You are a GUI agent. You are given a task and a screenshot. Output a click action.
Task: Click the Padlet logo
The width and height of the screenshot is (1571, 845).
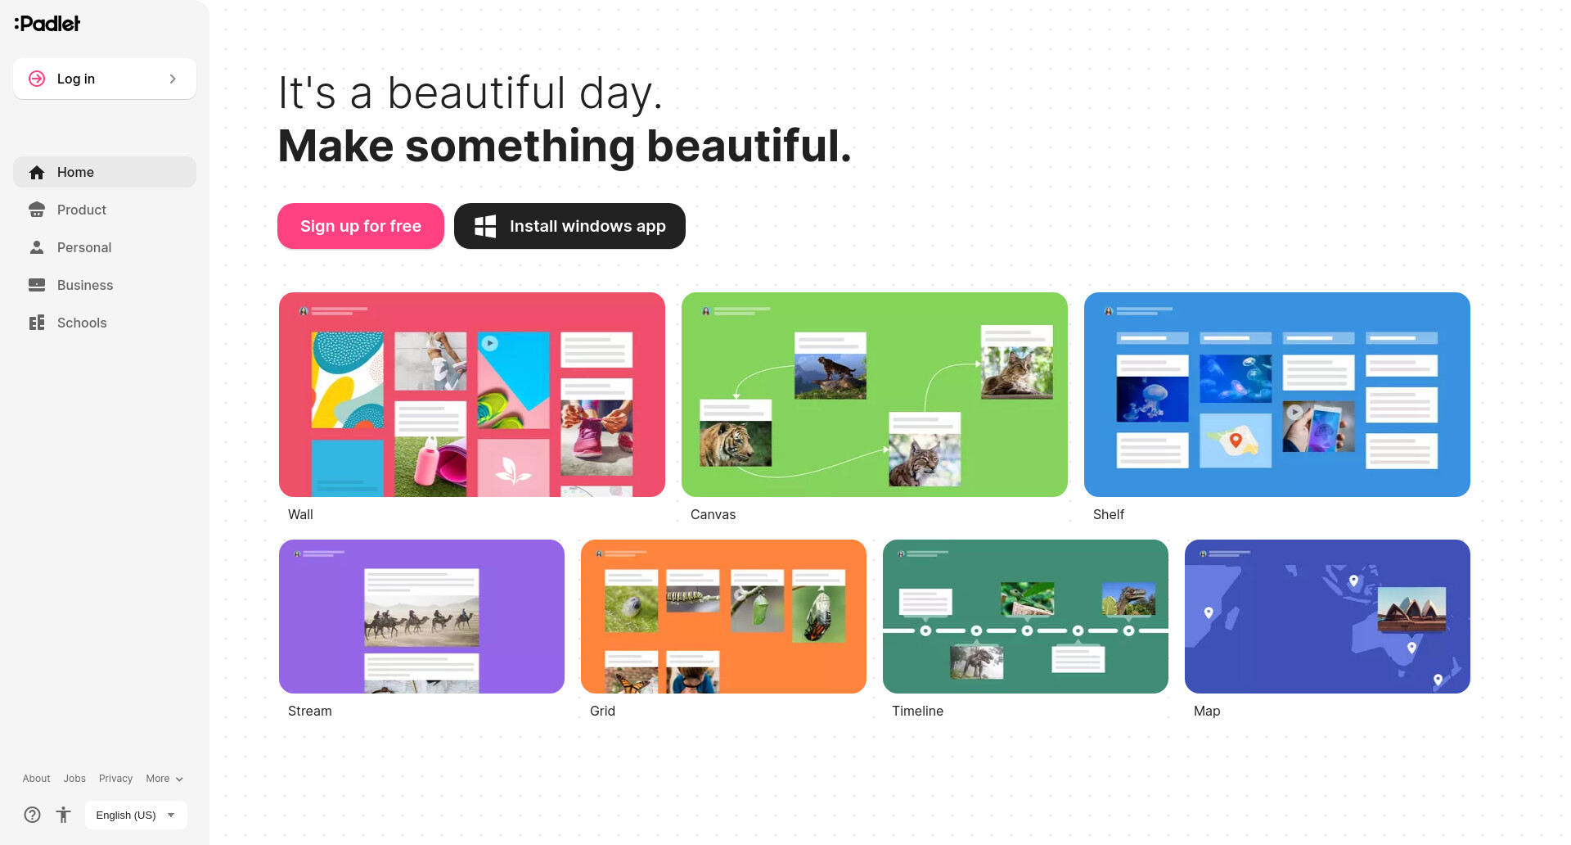click(x=47, y=24)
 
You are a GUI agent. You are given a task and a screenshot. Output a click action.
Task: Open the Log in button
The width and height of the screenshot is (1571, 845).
click(x=105, y=79)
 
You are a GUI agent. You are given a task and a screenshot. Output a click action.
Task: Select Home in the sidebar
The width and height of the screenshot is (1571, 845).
click(x=105, y=172)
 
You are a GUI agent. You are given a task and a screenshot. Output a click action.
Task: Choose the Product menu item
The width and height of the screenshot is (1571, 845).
click(x=105, y=210)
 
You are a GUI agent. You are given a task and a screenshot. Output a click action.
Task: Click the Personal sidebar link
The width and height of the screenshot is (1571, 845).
click(x=105, y=247)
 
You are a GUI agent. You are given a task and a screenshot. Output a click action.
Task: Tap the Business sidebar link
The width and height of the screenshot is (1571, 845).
click(x=105, y=285)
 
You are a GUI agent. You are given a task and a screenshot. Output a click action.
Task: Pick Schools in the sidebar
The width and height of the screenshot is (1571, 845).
click(x=105, y=323)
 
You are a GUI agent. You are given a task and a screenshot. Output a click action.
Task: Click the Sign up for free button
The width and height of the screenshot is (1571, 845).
click(x=361, y=226)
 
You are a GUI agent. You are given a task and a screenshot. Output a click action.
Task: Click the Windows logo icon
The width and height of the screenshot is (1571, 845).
click(x=485, y=226)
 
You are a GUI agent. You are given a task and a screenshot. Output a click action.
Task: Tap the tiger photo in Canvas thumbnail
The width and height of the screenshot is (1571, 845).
click(x=736, y=443)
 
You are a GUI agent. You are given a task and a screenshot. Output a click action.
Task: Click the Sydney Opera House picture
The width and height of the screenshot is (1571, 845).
click(x=1411, y=610)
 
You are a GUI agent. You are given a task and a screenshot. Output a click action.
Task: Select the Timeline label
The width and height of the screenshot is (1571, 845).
click(x=917, y=711)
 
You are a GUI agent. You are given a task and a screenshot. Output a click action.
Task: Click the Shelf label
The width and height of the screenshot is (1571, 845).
click(x=1109, y=514)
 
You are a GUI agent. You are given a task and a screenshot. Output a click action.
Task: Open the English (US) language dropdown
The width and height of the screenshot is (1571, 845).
click(x=136, y=815)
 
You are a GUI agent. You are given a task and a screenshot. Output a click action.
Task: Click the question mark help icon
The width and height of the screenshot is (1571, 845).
click(x=32, y=815)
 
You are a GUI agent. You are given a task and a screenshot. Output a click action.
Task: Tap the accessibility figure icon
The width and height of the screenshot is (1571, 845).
click(x=64, y=815)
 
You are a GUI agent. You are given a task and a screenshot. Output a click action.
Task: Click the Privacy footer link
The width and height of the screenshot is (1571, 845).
click(x=115, y=779)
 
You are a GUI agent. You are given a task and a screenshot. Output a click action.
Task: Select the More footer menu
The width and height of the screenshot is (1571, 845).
click(x=164, y=779)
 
